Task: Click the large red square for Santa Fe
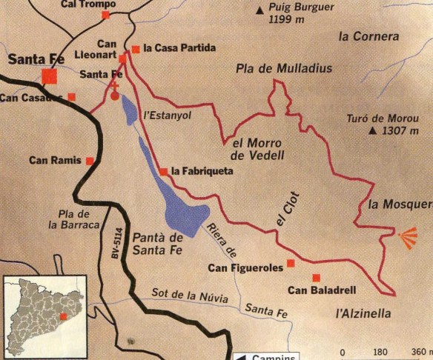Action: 50,76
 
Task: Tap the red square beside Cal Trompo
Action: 106,15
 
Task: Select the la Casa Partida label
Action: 179,48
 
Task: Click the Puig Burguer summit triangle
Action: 260,10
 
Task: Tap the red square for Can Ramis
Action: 90,160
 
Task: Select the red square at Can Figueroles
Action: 291,263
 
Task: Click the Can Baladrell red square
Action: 316,278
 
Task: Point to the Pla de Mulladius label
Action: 284,68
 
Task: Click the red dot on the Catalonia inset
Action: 63,316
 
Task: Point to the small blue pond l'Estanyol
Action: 130,109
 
